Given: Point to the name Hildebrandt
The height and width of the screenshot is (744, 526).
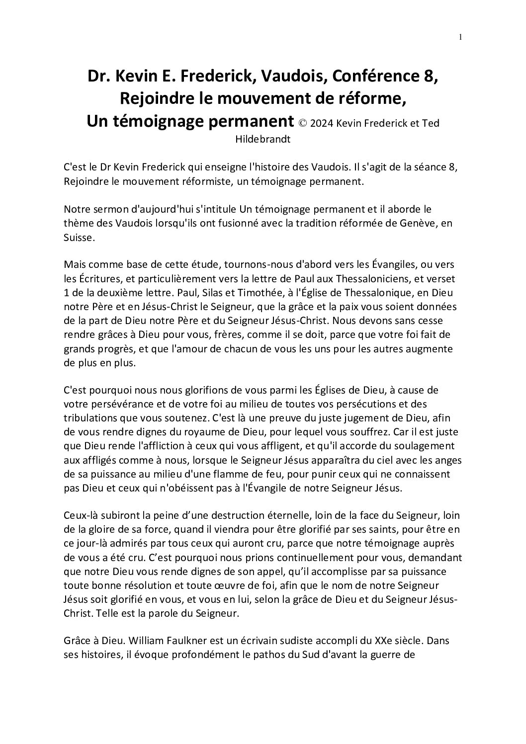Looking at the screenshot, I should [x=263, y=139].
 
